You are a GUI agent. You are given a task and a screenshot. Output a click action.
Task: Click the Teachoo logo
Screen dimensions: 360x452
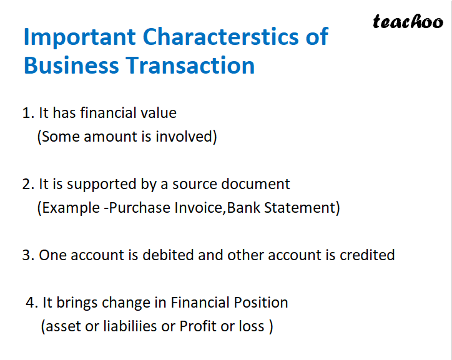pyautogui.click(x=408, y=22)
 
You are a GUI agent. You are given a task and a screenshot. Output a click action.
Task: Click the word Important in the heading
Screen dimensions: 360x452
pyautogui.click(x=79, y=37)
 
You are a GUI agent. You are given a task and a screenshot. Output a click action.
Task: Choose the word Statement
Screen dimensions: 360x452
pyautogui.click(x=307, y=208)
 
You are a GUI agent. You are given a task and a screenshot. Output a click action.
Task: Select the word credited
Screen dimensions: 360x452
pyautogui.click(x=367, y=255)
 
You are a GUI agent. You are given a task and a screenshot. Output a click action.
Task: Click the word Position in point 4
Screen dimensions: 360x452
pyautogui.click(x=260, y=303)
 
